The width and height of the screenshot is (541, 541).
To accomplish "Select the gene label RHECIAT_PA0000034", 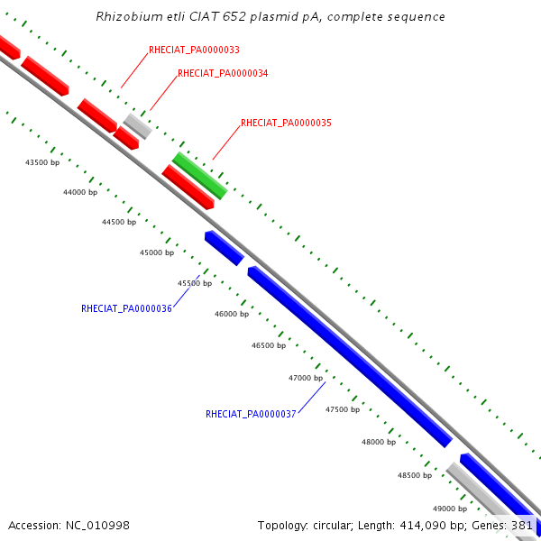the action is pyautogui.click(x=223, y=73).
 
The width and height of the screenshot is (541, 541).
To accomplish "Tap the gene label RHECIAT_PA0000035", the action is pyautogui.click(x=286, y=123).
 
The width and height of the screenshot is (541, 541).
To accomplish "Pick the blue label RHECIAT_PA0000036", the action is pyautogui.click(x=126, y=308).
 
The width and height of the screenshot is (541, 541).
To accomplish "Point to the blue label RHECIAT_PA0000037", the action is pyautogui.click(x=251, y=415).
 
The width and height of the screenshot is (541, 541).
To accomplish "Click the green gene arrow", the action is pyautogui.click(x=199, y=176).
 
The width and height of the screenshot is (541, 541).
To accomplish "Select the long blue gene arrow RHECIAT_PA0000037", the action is pyautogui.click(x=349, y=356).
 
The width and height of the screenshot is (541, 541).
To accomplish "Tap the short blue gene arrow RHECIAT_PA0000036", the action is pyautogui.click(x=224, y=247).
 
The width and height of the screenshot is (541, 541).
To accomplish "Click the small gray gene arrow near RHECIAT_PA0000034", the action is pyautogui.click(x=137, y=125).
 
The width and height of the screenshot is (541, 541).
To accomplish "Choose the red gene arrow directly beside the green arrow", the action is pyautogui.click(x=188, y=187).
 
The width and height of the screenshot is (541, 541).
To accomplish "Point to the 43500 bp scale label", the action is pyautogui.click(x=42, y=163).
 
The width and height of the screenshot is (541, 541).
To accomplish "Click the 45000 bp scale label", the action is pyautogui.click(x=157, y=253).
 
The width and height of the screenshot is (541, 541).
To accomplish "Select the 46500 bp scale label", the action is pyautogui.click(x=269, y=346).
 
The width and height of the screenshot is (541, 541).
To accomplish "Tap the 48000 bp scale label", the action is pyautogui.click(x=379, y=443).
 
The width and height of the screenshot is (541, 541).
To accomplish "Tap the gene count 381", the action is pyautogui.click(x=522, y=525).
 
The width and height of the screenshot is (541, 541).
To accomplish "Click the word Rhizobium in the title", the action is pyautogui.click(x=127, y=17).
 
